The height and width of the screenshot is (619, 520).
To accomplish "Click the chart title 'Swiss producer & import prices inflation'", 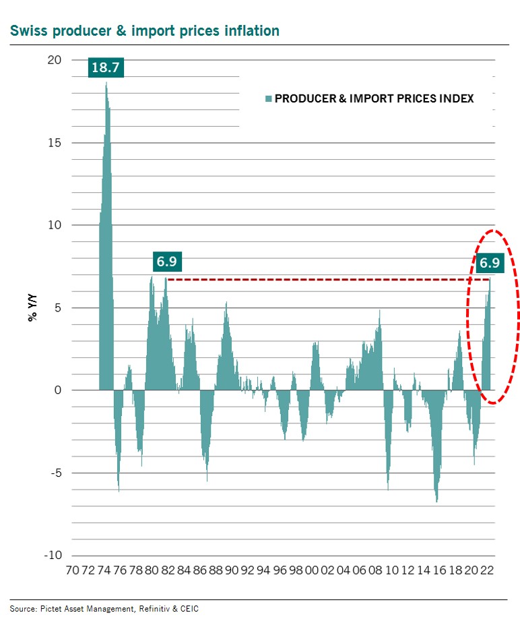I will [x=144, y=31].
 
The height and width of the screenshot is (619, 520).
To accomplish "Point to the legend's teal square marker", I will [x=269, y=99].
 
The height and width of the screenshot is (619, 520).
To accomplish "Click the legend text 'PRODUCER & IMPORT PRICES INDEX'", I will [x=375, y=99].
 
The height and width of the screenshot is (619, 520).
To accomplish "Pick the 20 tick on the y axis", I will [x=54, y=60].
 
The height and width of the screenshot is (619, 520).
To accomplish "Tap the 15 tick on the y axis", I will [x=54, y=143].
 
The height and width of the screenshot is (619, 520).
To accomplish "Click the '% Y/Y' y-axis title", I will [x=32, y=308].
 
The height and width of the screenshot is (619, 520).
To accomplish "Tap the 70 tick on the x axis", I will [x=71, y=570].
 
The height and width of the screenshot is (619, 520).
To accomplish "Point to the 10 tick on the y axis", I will [x=54, y=225].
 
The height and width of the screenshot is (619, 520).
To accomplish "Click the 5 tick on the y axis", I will [x=57, y=308].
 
